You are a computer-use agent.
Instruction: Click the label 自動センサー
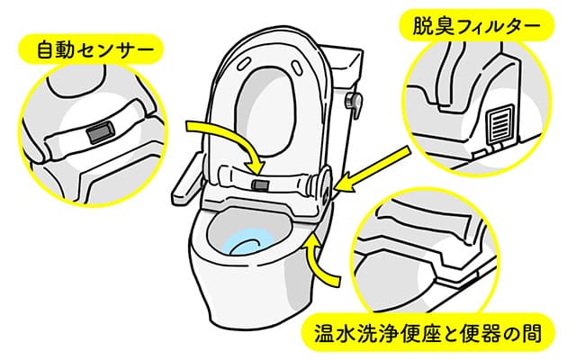[x=95, y=50]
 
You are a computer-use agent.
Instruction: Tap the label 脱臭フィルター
[x=476, y=25]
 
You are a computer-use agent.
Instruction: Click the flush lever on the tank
[x=354, y=103]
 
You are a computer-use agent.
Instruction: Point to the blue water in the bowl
[x=248, y=243]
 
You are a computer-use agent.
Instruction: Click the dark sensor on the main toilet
[x=260, y=184]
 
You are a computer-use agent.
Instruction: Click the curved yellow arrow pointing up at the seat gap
[x=319, y=261]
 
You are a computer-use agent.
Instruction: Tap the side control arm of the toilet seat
[x=188, y=179]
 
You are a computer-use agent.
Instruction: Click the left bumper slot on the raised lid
[x=244, y=64]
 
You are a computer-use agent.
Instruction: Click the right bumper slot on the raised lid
[x=296, y=67]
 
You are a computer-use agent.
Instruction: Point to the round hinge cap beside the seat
[x=323, y=184]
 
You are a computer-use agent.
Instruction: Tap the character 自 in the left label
[x=46, y=50]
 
